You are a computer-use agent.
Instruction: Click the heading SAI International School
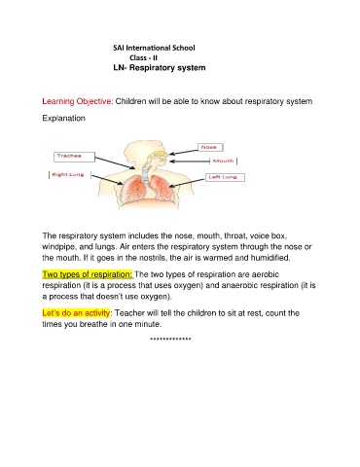point(154,48)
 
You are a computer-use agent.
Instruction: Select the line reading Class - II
point(143,58)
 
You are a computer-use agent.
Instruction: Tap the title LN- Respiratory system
point(160,68)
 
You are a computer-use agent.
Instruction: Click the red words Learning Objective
point(77,101)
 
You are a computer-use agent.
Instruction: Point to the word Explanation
point(63,118)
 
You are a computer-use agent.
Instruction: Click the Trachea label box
point(74,157)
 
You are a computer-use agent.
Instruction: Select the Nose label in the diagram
point(210,147)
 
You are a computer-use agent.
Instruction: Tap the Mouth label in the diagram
point(224,161)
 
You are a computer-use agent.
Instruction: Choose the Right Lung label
point(70,175)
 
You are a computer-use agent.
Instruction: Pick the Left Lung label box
point(225,177)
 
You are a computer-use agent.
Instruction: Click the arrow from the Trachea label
point(115,162)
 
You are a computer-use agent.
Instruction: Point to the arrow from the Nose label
point(184,152)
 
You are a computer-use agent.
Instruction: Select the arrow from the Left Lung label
point(187,183)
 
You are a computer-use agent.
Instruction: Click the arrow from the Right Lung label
point(107,180)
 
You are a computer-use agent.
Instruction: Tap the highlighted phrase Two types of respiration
point(88,274)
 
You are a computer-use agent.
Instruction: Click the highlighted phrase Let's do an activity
point(76,313)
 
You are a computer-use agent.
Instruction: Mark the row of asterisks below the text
point(170,340)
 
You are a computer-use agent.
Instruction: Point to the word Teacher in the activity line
point(129,313)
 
